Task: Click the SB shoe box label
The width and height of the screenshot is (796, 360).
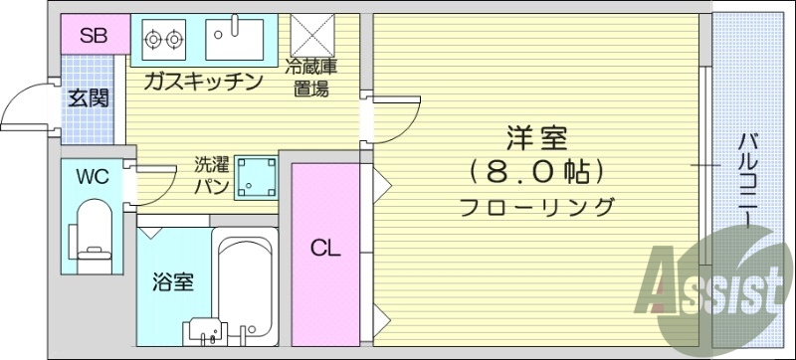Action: pyautogui.click(x=94, y=37)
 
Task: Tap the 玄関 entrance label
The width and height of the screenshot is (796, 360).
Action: pyautogui.click(x=88, y=99)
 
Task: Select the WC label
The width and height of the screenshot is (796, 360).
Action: pyautogui.click(x=93, y=178)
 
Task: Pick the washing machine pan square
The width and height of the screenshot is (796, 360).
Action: pyautogui.click(x=255, y=176)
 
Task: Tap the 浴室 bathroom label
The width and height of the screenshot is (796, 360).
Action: pyautogui.click(x=171, y=281)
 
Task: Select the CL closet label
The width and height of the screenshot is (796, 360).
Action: pyautogui.click(x=325, y=249)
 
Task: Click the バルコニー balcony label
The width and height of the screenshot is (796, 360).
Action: pyautogui.click(x=746, y=179)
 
